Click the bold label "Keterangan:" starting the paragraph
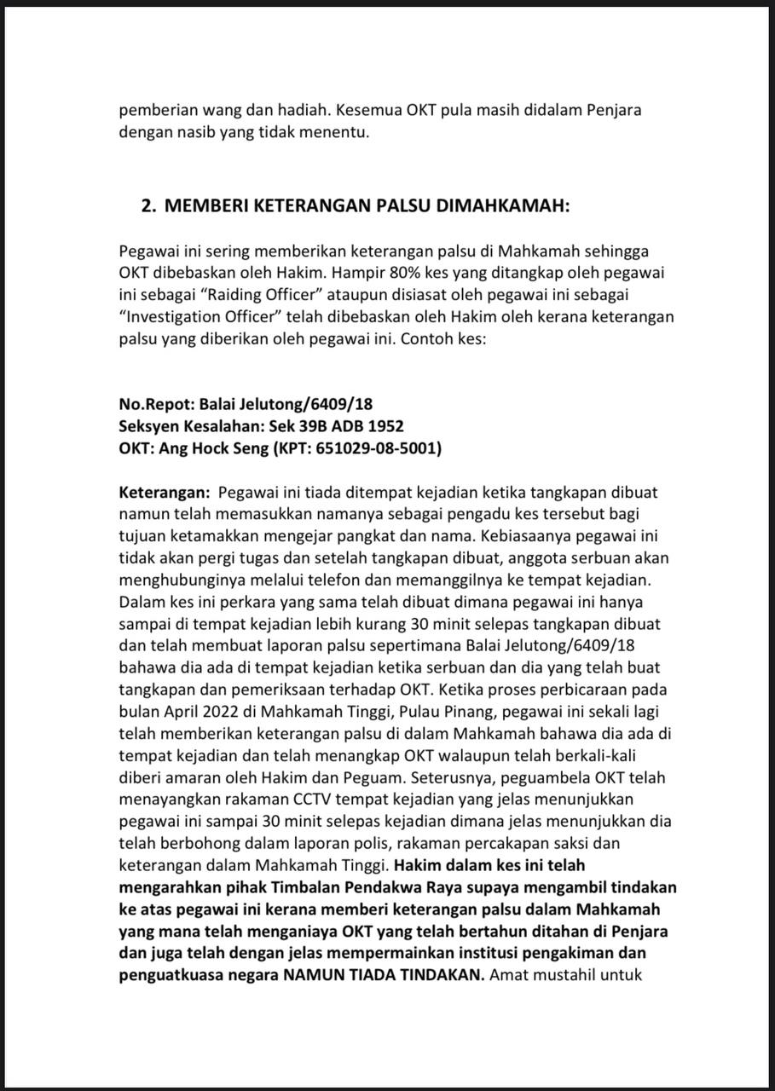[x=165, y=493]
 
